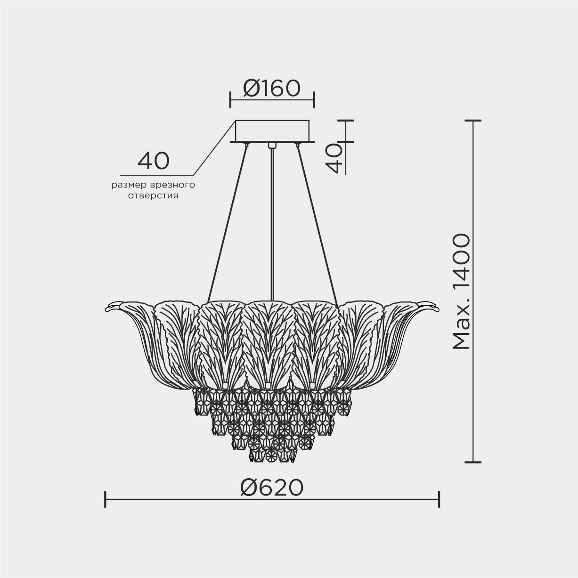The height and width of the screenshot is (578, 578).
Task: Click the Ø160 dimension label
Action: tap(272, 89)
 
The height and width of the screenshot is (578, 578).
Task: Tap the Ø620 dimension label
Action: tap(272, 488)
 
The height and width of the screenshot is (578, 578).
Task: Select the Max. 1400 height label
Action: tap(461, 292)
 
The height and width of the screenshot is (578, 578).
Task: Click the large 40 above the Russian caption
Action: tap(154, 161)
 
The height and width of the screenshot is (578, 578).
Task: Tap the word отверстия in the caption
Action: tap(153, 196)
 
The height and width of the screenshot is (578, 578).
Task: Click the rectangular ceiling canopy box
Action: tap(272, 131)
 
